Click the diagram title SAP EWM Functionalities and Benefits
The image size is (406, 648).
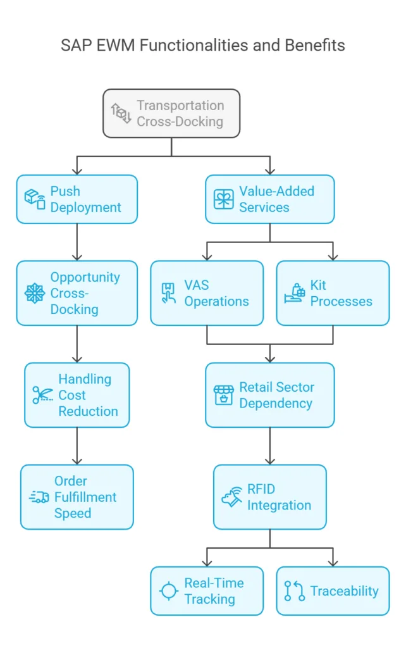tap(202, 46)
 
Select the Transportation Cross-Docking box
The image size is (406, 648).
tap(171, 113)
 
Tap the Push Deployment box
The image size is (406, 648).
tap(77, 199)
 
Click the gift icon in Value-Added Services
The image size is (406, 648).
tap(223, 199)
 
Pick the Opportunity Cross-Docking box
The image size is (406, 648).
tap(77, 293)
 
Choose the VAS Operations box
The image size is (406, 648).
tap(207, 293)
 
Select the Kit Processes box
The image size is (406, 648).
tap(333, 293)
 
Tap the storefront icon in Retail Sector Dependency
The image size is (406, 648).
tap(223, 396)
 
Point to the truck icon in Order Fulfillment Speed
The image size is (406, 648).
tap(39, 497)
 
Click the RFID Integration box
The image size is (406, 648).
tap(270, 497)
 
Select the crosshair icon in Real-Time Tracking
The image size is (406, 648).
tap(168, 591)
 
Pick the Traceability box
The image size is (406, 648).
tap(333, 591)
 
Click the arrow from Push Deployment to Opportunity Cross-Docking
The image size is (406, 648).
tap(77, 242)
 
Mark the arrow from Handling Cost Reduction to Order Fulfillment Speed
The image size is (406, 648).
tap(77, 446)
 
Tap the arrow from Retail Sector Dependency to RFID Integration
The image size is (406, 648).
tap(270, 446)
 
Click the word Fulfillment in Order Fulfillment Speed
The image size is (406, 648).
tap(85, 497)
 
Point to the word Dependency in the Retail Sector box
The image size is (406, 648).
tap(276, 403)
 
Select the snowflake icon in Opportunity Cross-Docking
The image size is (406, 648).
tap(35, 293)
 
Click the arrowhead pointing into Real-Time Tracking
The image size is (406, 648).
tap(207, 562)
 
